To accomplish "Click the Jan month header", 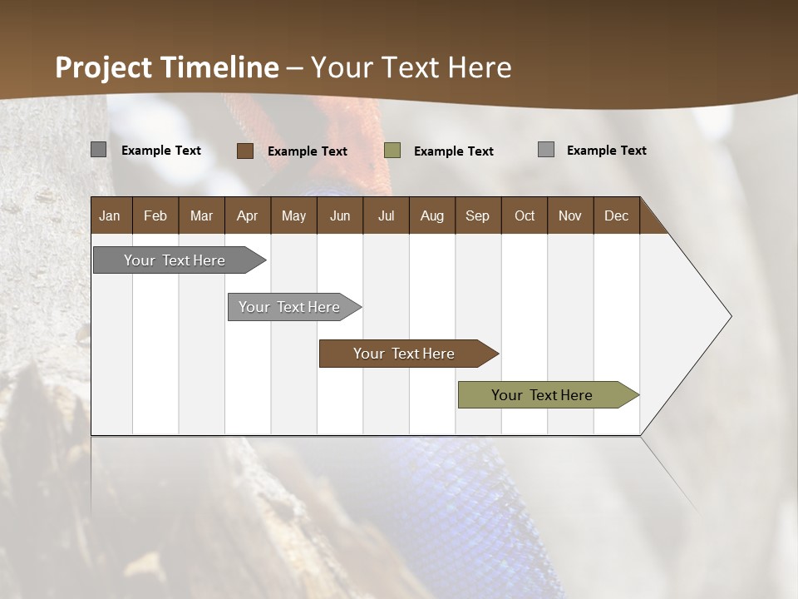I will tap(111, 215).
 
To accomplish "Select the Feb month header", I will tap(155, 215).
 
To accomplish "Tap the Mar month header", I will tap(201, 215).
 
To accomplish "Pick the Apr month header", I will tap(248, 215).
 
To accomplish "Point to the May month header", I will tap(293, 215).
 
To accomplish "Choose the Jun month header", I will tap(340, 215).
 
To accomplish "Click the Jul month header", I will tap(386, 215).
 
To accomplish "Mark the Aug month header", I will tap(432, 215).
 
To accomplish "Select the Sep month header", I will tap(478, 215).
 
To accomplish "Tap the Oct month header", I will tap(525, 215).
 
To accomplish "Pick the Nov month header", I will tap(570, 215).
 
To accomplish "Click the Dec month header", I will tap(617, 215).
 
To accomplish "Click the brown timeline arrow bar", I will tap(405, 354).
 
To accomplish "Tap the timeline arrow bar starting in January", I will tap(175, 260).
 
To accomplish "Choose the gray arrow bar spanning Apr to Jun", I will tap(290, 307).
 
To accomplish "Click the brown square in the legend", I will tap(245, 151).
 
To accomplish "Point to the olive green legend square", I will tap(392, 151).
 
